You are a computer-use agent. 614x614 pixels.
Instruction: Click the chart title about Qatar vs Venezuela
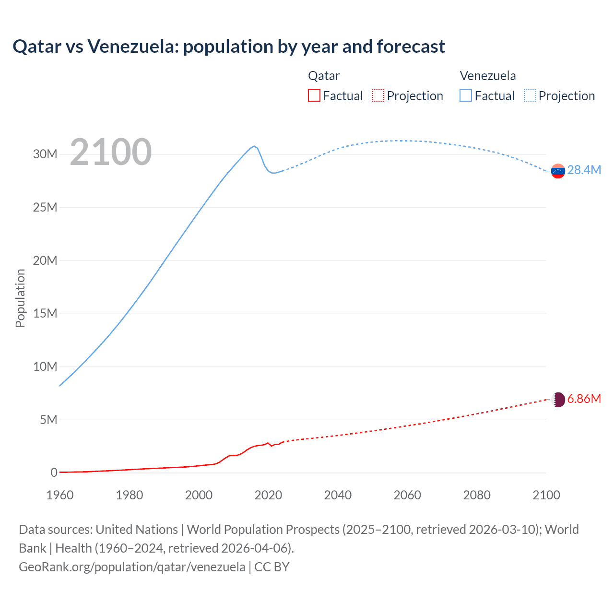click(x=229, y=47)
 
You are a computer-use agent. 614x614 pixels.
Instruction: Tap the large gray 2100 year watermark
click(x=111, y=152)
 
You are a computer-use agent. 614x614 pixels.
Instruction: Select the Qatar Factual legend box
click(x=314, y=95)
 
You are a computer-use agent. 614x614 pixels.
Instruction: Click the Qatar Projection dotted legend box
click(x=378, y=95)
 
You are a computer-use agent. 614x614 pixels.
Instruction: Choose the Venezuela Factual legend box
click(x=466, y=95)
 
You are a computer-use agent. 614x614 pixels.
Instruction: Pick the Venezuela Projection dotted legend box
click(x=530, y=95)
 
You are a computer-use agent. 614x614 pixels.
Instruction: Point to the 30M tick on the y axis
click(x=45, y=154)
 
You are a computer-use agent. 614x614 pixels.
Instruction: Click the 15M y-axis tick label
click(x=45, y=314)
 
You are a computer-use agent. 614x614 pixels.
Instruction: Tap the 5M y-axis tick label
click(x=48, y=420)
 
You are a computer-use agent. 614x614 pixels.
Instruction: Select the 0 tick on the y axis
click(x=54, y=472)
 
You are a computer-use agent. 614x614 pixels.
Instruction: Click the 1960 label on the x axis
click(x=60, y=495)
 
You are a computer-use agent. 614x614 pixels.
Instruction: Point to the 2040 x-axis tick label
click(x=338, y=495)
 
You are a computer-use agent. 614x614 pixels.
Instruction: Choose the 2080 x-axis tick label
click(x=477, y=495)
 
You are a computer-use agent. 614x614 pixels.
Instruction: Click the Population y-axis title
click(x=20, y=298)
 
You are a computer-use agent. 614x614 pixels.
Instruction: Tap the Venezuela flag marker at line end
click(x=558, y=171)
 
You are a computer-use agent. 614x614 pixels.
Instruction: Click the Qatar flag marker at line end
click(x=558, y=400)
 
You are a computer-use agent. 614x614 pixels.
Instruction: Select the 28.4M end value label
click(x=584, y=170)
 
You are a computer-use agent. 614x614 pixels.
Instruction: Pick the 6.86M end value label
click(x=584, y=399)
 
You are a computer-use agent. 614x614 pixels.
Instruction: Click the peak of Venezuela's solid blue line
click(x=254, y=146)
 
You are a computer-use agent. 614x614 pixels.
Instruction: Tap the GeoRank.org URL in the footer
click(x=132, y=567)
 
